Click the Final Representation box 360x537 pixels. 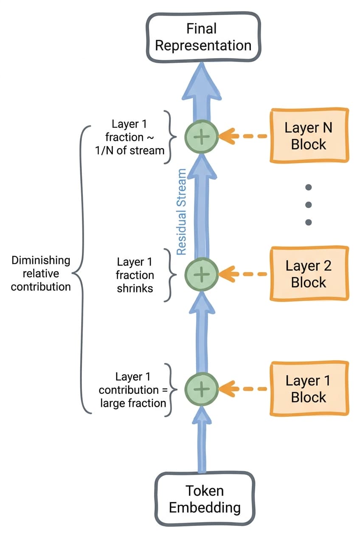[x=203, y=37]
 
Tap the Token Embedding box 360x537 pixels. [x=205, y=499]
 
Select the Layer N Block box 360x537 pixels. [x=309, y=136]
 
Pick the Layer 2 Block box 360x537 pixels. [x=309, y=274]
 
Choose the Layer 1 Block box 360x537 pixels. [x=309, y=389]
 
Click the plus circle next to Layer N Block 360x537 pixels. [x=202, y=136]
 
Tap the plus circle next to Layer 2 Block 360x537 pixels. [x=202, y=274]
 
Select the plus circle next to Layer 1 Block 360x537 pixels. [x=202, y=389]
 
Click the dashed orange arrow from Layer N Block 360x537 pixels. [x=243, y=136]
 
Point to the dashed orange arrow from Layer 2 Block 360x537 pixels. [x=243, y=274]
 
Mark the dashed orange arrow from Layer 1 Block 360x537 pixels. [x=243, y=389]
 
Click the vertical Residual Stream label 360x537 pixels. [x=181, y=212]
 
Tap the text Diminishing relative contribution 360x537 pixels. [x=41, y=274]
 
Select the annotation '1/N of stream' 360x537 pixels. [x=130, y=150]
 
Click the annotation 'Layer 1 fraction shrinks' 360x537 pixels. [x=135, y=275]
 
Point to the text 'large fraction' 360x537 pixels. [x=133, y=403]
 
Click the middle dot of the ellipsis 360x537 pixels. [x=309, y=205]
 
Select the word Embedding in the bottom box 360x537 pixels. [x=205, y=508]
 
